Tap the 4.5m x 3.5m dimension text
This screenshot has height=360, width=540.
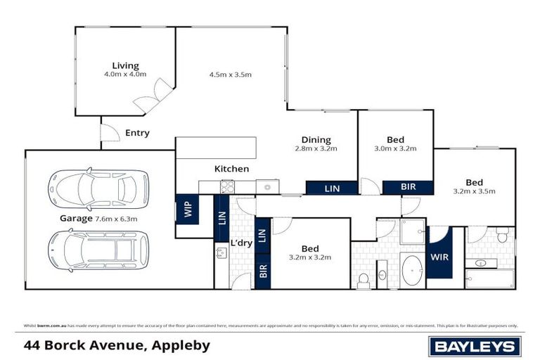coord(230,74)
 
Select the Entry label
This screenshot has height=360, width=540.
coord(137,133)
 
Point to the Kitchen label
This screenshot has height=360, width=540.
coord(231,169)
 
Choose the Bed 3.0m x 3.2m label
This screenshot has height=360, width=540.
coord(395,143)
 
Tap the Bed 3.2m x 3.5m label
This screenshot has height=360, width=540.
coord(473,186)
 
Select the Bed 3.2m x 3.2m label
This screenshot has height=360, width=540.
coord(310,252)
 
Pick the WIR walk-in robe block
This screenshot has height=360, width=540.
coord(439,258)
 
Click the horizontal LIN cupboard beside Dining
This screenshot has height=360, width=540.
coord(331,188)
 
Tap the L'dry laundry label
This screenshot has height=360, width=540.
coord(241,243)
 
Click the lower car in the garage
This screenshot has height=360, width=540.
coord(98,248)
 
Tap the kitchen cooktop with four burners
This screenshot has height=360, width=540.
coord(228,187)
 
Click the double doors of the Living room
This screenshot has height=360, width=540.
coord(153,97)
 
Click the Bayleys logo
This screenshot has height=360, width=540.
coord(475,346)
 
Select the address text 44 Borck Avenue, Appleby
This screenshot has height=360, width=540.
coord(116,346)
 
